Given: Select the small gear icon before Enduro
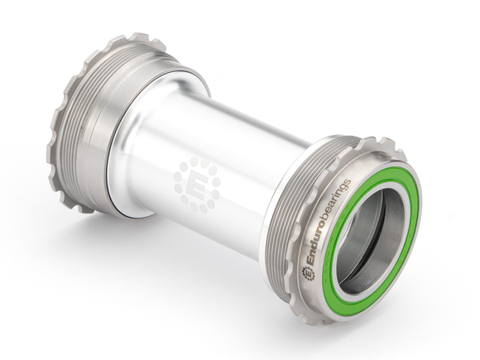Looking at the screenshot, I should tap(309, 274).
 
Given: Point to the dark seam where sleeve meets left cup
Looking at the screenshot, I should tap(116, 157).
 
